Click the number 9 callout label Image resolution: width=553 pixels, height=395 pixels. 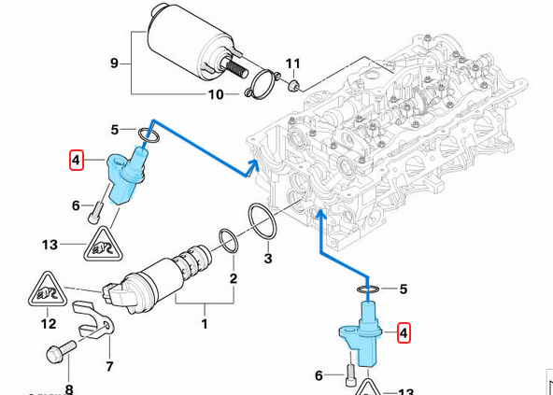pos(114,63)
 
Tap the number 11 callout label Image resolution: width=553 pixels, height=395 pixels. pos(292,64)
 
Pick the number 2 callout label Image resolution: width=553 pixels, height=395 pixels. pos(234,278)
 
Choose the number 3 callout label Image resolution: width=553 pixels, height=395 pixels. pos(267,259)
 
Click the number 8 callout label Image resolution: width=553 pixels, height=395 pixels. pos(68,388)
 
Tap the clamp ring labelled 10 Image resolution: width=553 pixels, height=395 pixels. pos(262,84)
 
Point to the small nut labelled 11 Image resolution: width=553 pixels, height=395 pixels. pos(293,86)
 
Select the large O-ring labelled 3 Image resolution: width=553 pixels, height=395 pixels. pos(263,221)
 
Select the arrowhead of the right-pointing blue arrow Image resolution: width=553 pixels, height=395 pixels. pos(253,167)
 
